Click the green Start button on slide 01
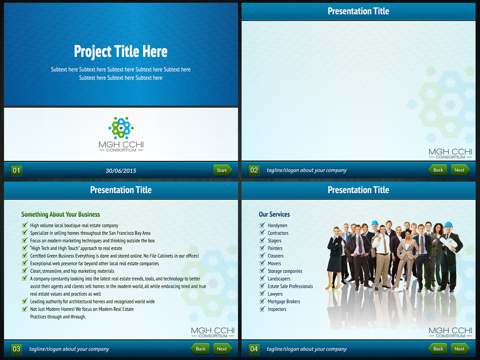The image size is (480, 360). [x=222, y=170]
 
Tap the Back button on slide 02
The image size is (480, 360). [x=438, y=170]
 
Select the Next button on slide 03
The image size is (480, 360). [x=222, y=349]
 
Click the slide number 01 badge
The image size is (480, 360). [x=16, y=171]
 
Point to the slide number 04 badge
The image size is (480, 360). [x=254, y=349]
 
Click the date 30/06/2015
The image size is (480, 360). [x=121, y=171]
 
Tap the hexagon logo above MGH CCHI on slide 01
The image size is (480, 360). [x=121, y=126]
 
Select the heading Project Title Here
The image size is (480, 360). [x=121, y=52]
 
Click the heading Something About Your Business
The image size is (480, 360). [x=60, y=214]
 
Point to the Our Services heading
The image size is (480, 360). [x=274, y=214]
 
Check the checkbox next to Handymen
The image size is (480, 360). [x=262, y=225]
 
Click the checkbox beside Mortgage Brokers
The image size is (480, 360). [x=262, y=301]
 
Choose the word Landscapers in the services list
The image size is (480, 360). [x=279, y=279]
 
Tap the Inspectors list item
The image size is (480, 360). [x=277, y=309]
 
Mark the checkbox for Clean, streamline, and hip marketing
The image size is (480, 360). [x=25, y=271]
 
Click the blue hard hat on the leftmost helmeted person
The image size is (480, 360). [x=375, y=223]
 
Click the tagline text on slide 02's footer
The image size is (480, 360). [x=307, y=170]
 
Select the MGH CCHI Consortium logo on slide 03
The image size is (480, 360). [x=213, y=332]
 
